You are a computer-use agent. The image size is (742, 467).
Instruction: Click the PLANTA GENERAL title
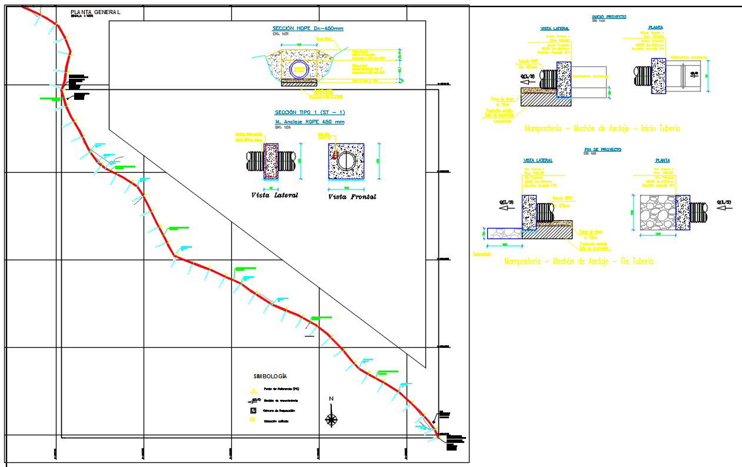coord(95,12)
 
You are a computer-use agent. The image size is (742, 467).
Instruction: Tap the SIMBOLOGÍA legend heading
coord(270,376)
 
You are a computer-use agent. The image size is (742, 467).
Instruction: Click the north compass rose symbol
coord(332,419)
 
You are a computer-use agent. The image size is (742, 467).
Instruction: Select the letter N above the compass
coord(331,399)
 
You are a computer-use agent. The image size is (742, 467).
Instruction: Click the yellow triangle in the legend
coord(254,390)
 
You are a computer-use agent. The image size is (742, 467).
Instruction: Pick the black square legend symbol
coord(253,411)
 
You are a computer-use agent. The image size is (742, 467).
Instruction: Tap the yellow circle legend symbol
coord(253,421)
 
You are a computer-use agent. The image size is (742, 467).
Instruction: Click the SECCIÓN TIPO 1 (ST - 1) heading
coord(310,112)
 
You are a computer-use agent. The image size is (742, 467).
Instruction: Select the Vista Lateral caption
coord(274,195)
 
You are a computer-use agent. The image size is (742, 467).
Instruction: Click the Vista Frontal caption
coord(352,197)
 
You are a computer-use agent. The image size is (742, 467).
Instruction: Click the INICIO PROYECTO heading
coord(609,17)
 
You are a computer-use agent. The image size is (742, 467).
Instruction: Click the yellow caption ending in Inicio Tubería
coord(602,128)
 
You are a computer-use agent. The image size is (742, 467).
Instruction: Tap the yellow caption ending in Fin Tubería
coord(579,261)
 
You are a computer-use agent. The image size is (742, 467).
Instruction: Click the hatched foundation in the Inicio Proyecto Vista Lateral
coord(544,100)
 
